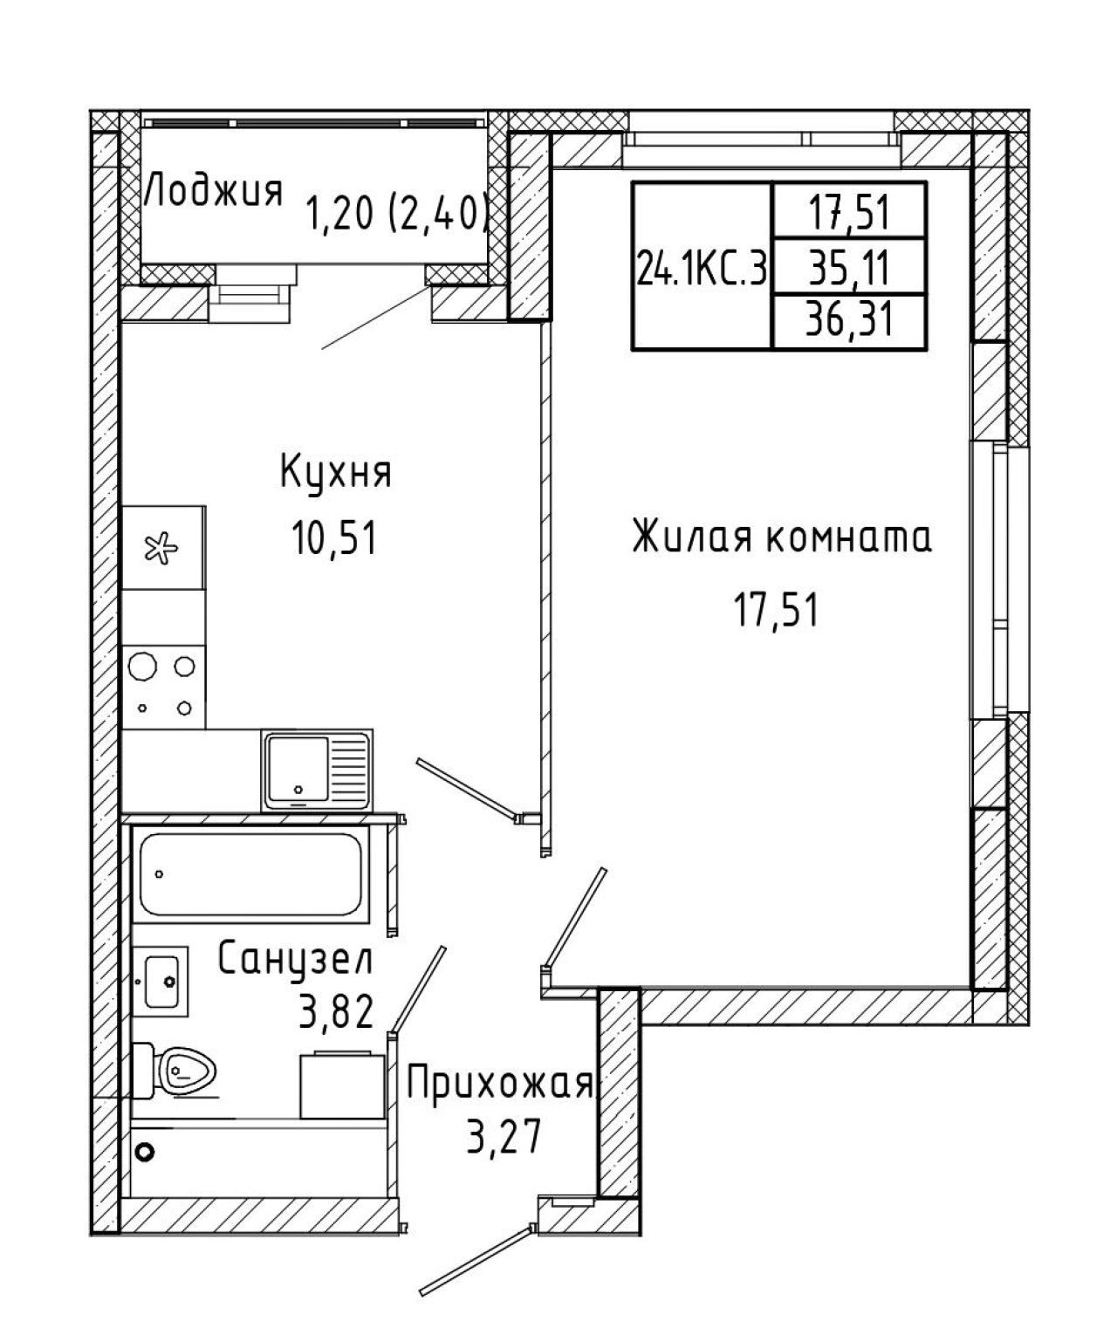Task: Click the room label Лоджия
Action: [214, 191]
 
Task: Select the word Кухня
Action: [336, 474]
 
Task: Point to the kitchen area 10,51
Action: [333, 538]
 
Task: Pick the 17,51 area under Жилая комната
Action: [776, 609]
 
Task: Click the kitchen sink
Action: [317, 770]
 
